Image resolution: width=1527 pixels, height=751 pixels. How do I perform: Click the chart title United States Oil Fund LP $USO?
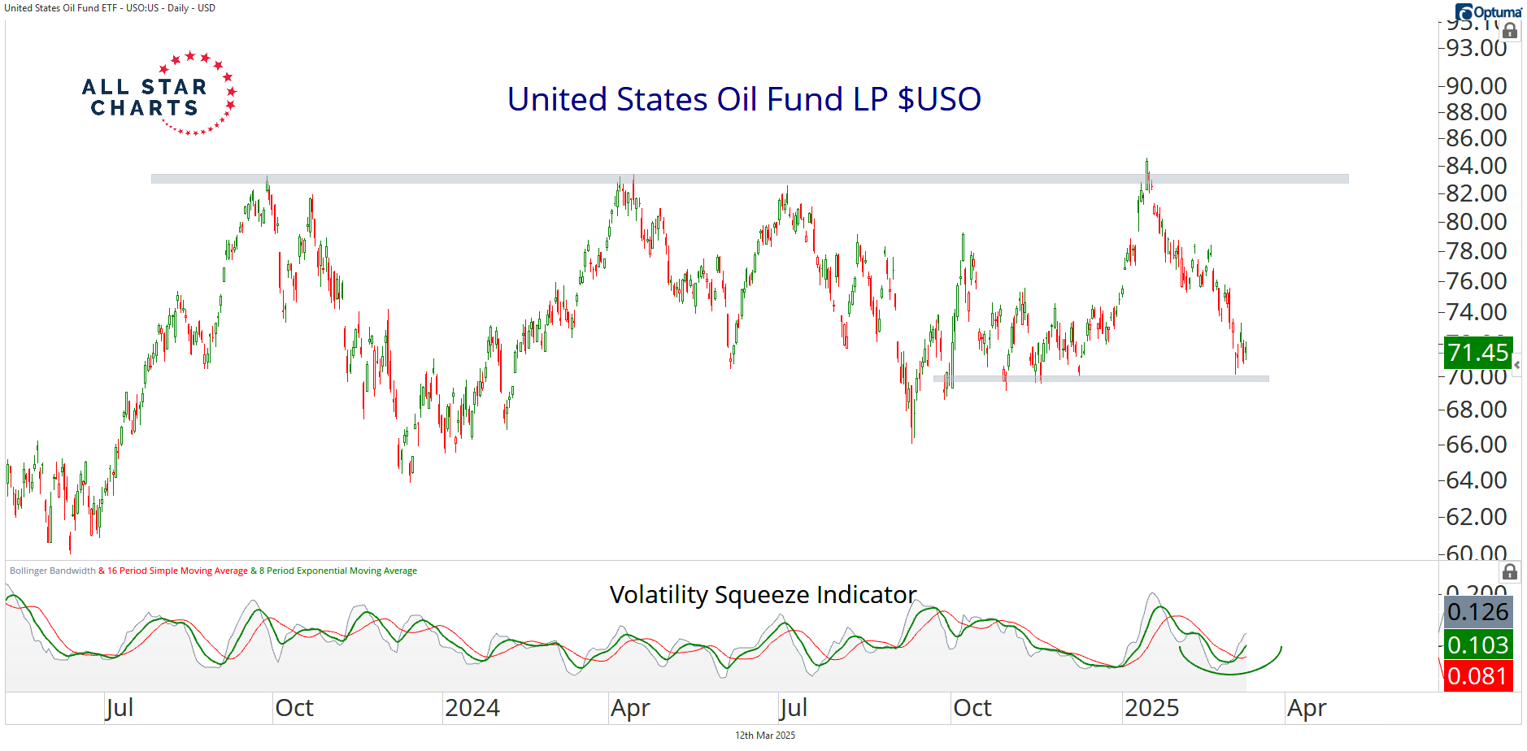click(744, 99)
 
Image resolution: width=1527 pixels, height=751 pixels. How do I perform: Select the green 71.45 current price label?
click(1477, 353)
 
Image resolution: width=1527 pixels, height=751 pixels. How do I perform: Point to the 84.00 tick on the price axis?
click(1476, 166)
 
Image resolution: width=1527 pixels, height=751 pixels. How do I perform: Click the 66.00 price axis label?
click(1476, 445)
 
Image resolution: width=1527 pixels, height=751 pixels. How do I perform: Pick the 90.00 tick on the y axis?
click(1476, 85)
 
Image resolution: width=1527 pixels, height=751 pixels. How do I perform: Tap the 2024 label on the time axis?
click(472, 708)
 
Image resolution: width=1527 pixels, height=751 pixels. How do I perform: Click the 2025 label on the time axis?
click(1151, 708)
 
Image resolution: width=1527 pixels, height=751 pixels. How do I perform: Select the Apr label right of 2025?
click(1306, 708)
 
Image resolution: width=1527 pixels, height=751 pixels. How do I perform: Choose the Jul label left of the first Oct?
click(120, 708)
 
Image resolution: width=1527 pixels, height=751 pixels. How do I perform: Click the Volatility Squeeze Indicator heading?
click(763, 595)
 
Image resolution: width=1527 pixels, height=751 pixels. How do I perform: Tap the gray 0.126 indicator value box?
click(1477, 612)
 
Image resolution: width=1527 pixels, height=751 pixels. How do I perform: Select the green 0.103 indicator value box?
click(1477, 645)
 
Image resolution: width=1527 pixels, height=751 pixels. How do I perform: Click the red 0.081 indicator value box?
click(1477, 676)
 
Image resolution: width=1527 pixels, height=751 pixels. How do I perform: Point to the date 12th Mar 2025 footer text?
click(765, 736)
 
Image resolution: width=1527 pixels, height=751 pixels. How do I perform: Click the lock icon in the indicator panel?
click(1509, 571)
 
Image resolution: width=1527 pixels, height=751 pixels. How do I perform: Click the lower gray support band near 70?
click(1101, 379)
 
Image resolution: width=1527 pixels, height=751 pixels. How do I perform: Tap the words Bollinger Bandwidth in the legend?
click(52, 571)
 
